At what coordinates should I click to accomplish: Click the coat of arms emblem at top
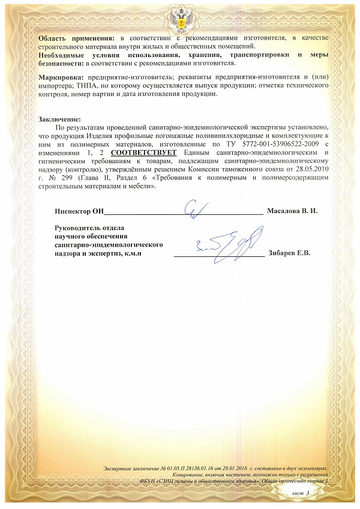pos(180,13)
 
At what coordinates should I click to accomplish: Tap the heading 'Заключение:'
pos(59,120)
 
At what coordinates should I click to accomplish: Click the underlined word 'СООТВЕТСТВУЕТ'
pos(144,153)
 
